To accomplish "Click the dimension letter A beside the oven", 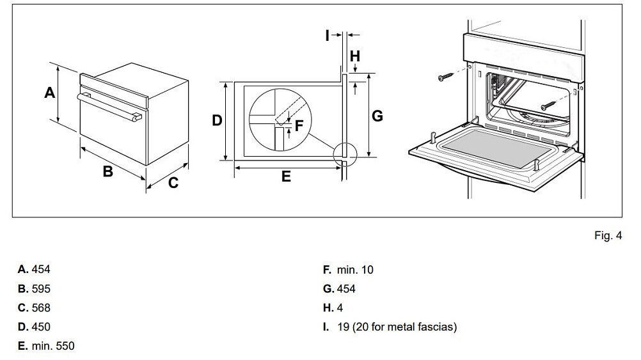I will point(49,93).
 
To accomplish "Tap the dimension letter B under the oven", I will point(108,171).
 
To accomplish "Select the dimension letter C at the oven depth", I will point(173,184).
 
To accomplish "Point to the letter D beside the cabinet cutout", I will point(218,120).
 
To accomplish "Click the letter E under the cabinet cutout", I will point(286,176).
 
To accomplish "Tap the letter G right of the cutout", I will point(377,116).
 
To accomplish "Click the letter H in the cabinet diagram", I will point(354,56).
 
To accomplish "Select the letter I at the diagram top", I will point(327,35).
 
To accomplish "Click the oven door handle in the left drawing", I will point(109,106).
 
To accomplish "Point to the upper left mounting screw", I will point(444,77).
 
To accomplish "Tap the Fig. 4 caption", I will point(608,236).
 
